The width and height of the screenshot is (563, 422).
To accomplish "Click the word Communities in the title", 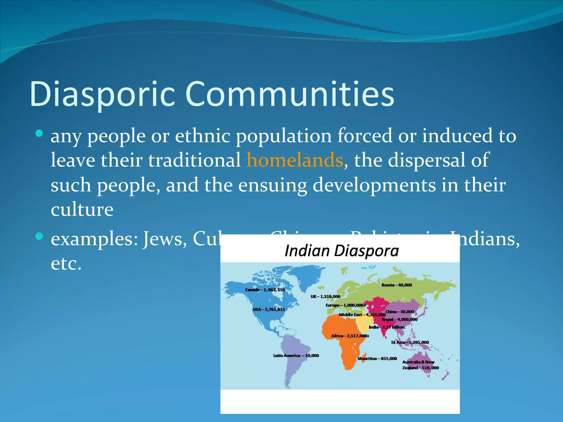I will click(290, 94).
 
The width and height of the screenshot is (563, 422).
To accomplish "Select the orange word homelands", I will click(295, 160).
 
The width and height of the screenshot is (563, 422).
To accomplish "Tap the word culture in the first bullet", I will click(82, 209).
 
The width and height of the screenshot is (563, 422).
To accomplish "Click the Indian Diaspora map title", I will click(341, 251).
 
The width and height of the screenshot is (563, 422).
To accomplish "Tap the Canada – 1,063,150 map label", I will click(265, 290).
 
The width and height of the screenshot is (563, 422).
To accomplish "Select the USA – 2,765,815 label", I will click(269, 309).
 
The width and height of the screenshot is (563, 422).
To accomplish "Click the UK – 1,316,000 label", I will click(325, 296).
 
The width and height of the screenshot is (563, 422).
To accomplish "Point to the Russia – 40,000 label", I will click(396, 285).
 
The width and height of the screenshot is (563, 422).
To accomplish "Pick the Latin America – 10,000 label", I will click(296, 356).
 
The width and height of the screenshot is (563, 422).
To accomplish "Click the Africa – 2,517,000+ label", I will click(350, 336).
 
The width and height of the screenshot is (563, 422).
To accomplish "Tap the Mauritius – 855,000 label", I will click(377, 359).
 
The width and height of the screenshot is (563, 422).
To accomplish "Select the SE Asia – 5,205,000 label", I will click(410, 342).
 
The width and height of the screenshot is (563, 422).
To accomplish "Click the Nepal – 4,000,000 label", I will click(399, 319).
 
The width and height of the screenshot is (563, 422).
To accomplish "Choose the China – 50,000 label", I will click(400, 312).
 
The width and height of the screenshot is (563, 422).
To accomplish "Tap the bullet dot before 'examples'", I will click(40, 236).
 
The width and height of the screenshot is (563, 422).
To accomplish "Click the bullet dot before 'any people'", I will click(40, 134).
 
